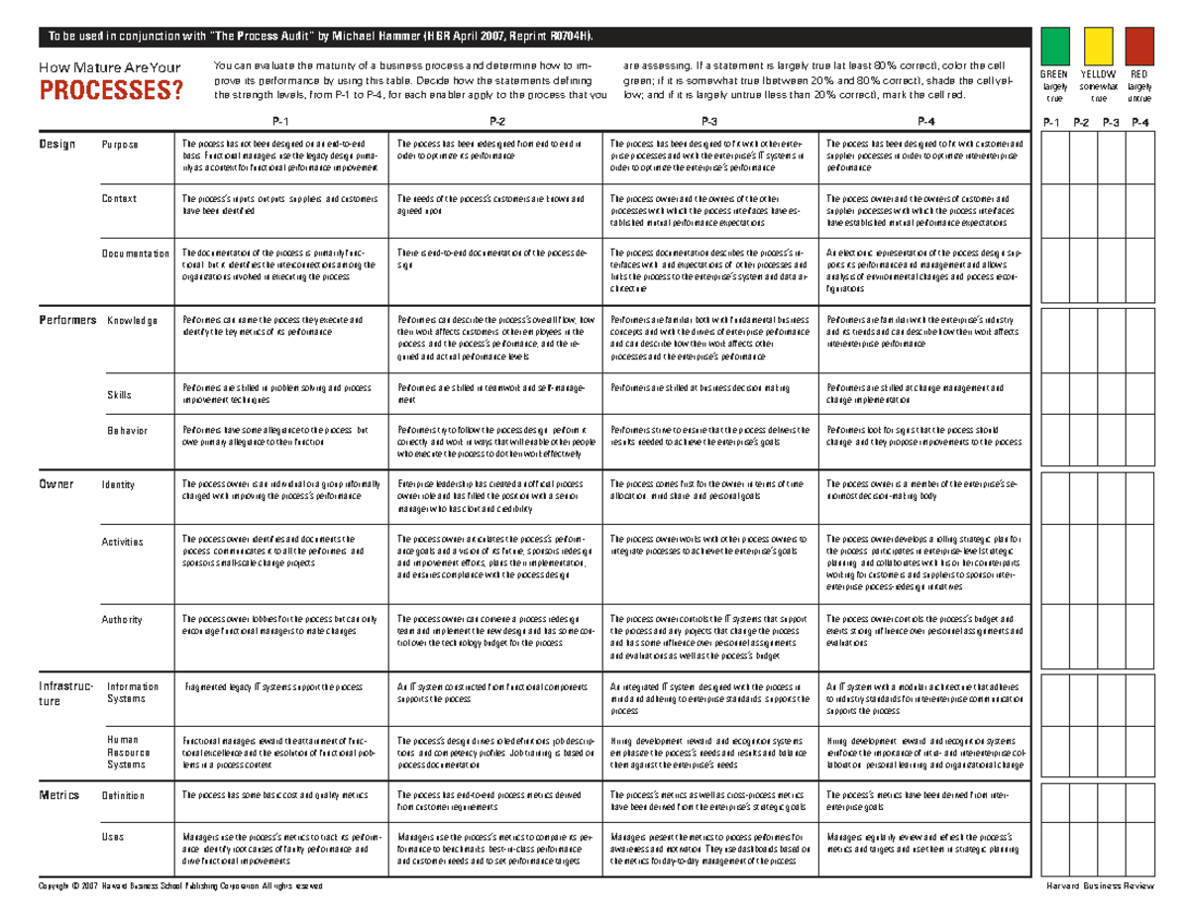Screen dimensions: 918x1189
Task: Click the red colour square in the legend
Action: [1139, 48]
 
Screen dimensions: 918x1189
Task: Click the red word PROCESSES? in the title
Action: [110, 91]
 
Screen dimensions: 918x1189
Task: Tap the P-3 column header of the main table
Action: [709, 121]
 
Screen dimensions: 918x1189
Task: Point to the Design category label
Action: [56, 145]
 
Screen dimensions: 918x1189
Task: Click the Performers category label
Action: [67, 320]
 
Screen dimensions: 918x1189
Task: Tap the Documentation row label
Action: [135, 254]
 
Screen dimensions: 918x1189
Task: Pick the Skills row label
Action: [119, 395]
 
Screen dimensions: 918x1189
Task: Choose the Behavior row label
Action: [127, 431]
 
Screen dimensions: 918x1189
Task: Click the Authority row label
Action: [123, 620]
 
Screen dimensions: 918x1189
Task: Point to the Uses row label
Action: [113, 837]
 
